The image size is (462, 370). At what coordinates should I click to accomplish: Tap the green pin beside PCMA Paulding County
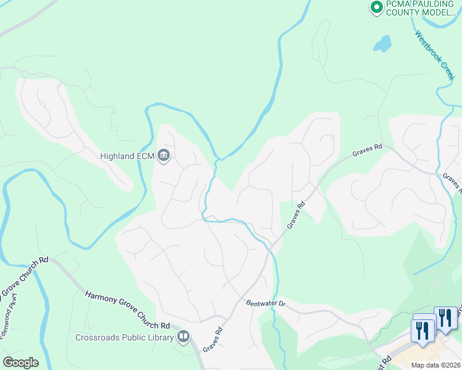tap(376, 7)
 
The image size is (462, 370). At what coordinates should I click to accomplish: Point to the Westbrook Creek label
tap(435, 55)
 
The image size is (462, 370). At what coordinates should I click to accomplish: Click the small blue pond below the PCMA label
tap(382, 43)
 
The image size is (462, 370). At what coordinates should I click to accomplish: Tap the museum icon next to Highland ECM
tap(164, 155)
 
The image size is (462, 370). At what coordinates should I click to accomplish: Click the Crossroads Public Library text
tap(124, 337)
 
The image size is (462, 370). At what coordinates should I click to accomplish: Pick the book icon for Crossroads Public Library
tap(183, 337)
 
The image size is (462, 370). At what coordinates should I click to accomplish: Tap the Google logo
tap(20, 363)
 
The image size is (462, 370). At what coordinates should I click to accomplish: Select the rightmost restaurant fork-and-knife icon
tap(445, 318)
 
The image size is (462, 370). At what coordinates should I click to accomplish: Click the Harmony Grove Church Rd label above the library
tap(127, 310)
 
